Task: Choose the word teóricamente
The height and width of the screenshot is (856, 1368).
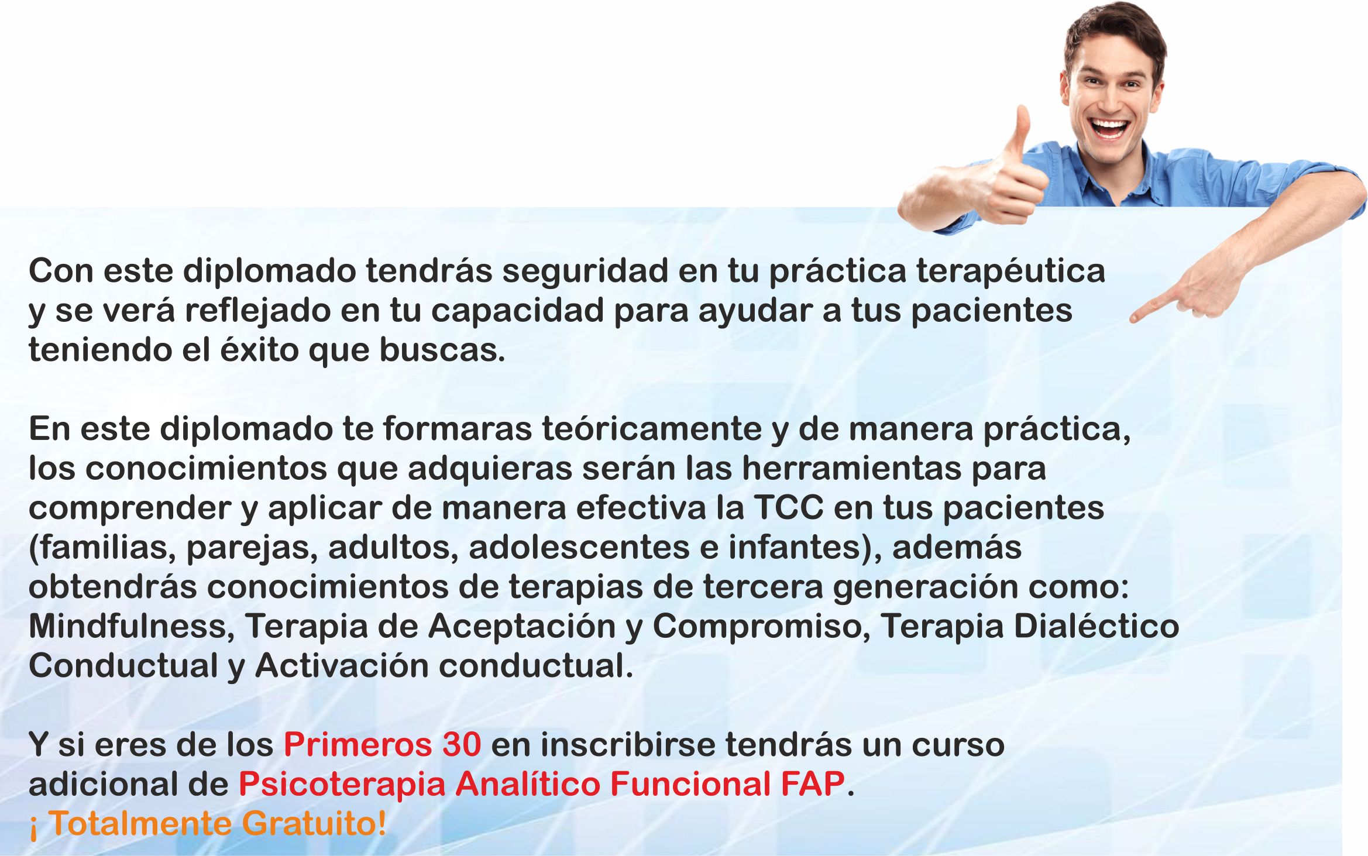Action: coord(652,429)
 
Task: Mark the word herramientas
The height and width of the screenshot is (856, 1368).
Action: coord(852,469)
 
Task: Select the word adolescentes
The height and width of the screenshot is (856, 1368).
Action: coord(593,548)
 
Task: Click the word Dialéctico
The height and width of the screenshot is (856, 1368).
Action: coord(1096,627)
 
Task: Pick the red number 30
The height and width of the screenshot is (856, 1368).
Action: coord(462,745)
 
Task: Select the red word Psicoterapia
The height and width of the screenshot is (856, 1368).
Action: coord(342,785)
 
